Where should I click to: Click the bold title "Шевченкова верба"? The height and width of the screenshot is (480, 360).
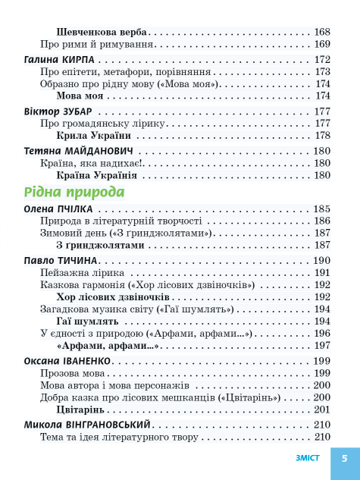(102, 33)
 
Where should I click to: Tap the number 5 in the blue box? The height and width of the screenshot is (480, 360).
(344, 457)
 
